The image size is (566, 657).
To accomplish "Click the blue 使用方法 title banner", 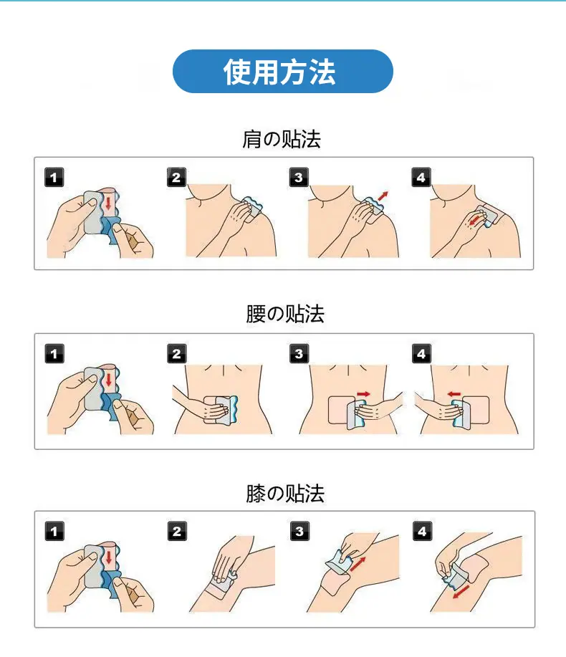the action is (283, 71).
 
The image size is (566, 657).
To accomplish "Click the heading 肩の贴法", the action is (282, 140).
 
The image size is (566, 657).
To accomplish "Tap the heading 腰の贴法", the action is (285, 314).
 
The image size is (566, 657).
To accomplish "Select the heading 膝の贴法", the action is (285, 493).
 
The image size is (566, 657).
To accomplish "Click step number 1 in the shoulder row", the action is (54, 177).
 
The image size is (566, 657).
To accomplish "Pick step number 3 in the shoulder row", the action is (299, 177).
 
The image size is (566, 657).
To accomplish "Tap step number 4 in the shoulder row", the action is (421, 177).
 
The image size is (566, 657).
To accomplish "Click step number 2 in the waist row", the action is (176, 354).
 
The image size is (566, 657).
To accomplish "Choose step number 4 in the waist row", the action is (421, 354).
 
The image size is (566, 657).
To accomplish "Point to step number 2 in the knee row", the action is (177, 531).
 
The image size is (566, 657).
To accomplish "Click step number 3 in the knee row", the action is (299, 531).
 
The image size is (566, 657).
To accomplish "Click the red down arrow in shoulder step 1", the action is (108, 203).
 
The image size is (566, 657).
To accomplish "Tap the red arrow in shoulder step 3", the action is (383, 196).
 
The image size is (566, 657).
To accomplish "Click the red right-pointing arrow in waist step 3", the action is (363, 394).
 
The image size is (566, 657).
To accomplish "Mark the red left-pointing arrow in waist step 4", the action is (454, 394).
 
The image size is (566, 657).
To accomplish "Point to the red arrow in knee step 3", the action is (358, 564).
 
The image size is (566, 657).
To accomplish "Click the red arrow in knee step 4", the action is (461, 592).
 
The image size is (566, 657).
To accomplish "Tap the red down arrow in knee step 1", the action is (109, 557).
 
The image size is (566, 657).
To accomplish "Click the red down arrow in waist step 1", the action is (109, 380).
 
